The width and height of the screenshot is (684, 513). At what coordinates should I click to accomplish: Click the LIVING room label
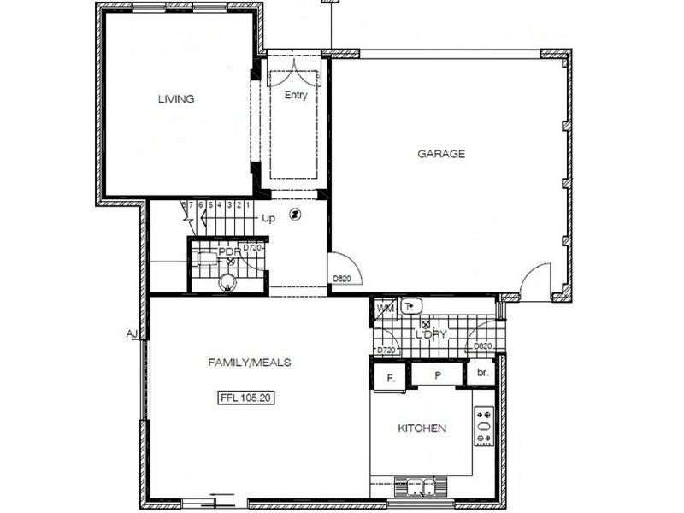pyautogui.click(x=176, y=98)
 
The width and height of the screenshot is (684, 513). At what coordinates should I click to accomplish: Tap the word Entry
pyautogui.click(x=296, y=96)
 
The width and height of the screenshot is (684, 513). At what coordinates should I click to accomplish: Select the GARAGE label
pyautogui.click(x=441, y=154)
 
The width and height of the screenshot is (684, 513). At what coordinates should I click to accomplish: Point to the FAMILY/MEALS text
pyautogui.click(x=250, y=362)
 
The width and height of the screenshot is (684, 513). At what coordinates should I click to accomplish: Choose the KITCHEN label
pyautogui.click(x=422, y=427)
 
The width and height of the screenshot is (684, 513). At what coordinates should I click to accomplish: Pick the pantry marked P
pyautogui.click(x=436, y=375)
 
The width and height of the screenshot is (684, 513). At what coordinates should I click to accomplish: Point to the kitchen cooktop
pyautogui.click(x=484, y=426)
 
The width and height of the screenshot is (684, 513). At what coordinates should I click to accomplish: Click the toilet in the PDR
pyautogui.click(x=227, y=281)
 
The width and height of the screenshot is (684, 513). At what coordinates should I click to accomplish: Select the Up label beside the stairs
pyautogui.click(x=268, y=218)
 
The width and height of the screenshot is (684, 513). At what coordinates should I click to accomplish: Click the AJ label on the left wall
pyautogui.click(x=132, y=333)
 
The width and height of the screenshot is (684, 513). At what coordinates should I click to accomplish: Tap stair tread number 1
pyautogui.click(x=248, y=205)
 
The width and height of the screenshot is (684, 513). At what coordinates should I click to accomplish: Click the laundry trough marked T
pyautogui.click(x=412, y=306)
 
